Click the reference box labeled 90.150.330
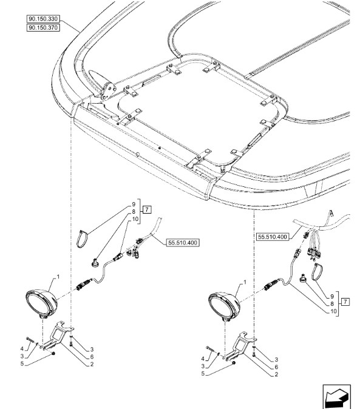click(x=43, y=19)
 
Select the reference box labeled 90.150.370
click(x=43, y=28)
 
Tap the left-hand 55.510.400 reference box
click(x=183, y=243)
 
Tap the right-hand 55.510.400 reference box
click(x=273, y=237)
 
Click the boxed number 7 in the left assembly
click(x=147, y=209)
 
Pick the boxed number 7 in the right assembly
click(x=345, y=302)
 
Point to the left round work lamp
click(x=42, y=303)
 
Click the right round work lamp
click(x=224, y=307)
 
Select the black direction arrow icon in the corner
click(x=336, y=397)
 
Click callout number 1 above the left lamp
click(x=58, y=277)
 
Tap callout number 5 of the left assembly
click(x=22, y=363)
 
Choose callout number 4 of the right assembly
click(x=203, y=359)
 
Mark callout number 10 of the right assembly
click(x=333, y=311)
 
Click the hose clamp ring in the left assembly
click(x=82, y=238)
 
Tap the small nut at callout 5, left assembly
click(x=53, y=353)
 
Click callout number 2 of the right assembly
click(x=276, y=374)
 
